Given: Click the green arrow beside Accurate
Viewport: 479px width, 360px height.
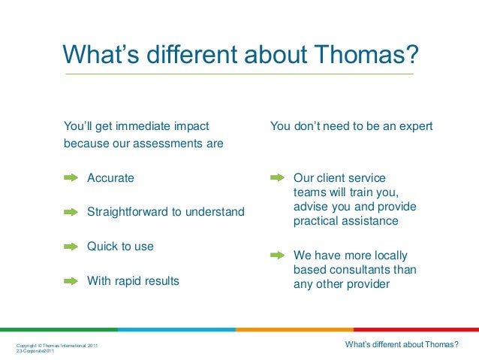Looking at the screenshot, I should [x=71, y=178].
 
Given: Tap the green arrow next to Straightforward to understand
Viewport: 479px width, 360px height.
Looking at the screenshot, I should [x=71, y=213].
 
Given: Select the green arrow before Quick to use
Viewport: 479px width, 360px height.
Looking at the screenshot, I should [x=71, y=247].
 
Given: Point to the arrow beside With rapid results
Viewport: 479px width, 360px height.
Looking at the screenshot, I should [x=71, y=281].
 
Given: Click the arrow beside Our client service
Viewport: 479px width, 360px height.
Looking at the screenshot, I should [x=277, y=178].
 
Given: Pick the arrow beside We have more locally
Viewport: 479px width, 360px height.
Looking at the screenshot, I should [x=277, y=255].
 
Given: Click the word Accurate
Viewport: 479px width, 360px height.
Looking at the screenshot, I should [x=110, y=178].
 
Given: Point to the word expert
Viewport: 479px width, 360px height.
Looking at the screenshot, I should [x=415, y=126].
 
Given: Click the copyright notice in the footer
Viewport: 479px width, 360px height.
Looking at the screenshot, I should [x=56, y=345].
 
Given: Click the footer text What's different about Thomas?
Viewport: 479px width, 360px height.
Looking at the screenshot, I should [x=402, y=345].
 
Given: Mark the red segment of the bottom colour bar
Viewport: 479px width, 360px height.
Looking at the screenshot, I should [x=416, y=329].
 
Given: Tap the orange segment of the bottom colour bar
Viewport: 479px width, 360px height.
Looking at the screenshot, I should [x=294, y=329].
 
